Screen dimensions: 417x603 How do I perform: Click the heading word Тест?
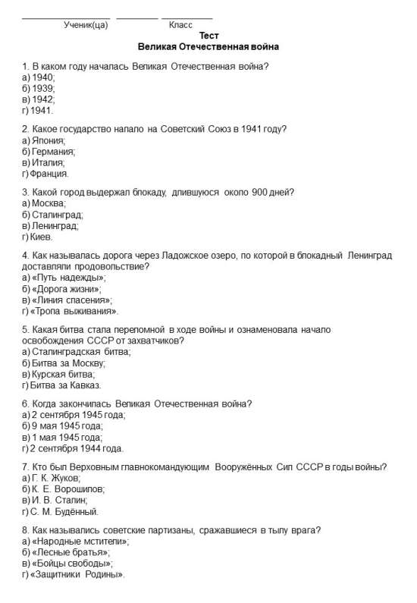[x=208, y=36]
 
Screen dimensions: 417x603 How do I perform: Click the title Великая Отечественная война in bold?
[x=208, y=47]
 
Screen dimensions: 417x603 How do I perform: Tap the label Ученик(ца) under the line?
[x=86, y=25]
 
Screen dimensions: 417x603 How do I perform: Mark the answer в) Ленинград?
[x=50, y=225]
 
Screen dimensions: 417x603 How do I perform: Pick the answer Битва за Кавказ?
[x=61, y=385]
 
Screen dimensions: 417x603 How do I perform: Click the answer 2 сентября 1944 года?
[x=74, y=448]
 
